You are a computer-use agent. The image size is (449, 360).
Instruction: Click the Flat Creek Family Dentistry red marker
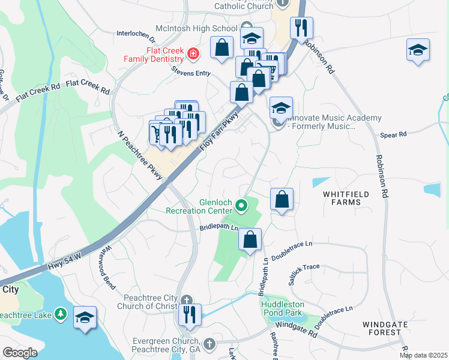(x=193, y=55)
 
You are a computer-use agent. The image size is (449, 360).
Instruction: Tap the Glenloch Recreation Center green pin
(x=241, y=206)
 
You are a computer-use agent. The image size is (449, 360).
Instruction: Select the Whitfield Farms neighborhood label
(x=350, y=198)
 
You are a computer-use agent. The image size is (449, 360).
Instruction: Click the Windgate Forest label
(x=382, y=328)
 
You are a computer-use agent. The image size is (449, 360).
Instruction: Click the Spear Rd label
(x=394, y=134)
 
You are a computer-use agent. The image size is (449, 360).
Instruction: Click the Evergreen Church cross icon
(x=209, y=344)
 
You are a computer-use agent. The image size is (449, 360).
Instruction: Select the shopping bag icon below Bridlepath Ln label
(x=250, y=239)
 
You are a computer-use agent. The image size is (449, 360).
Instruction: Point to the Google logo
(x=20, y=353)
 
